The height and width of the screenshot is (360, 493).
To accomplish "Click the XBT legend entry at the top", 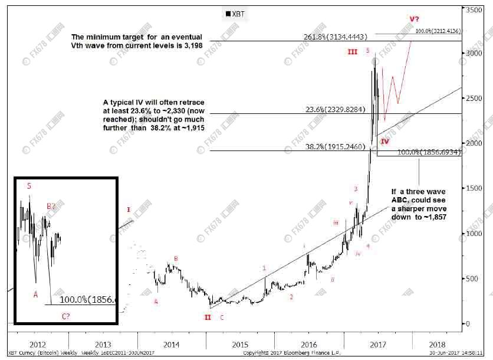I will point(236,13).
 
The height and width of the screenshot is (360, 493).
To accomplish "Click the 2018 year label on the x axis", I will point(437,344).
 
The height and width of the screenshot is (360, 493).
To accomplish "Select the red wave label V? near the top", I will point(416,19).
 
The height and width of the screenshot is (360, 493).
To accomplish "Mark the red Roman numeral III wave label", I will point(352,52).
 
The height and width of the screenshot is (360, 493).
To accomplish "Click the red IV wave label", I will point(384,142).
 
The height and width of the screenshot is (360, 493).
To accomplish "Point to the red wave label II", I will point(208,318).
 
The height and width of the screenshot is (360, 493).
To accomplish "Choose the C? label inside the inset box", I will point(67,316).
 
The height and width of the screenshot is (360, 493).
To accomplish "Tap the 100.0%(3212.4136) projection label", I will point(438,31).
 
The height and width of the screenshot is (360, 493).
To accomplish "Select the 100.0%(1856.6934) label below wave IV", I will point(429,152).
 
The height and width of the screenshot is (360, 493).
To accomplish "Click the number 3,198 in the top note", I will point(190,45).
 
